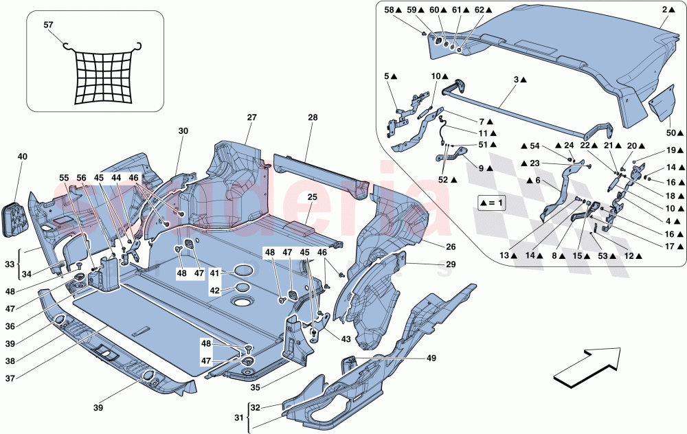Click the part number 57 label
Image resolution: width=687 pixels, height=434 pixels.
pos(48,25)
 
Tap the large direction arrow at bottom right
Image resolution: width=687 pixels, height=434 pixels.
pos(587,367)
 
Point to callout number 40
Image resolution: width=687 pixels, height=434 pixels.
pos(23,157)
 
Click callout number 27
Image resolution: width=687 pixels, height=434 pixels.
pos(251,118)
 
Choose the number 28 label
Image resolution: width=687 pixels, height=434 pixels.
pos(313,118)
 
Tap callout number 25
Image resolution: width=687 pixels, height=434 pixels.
pos(313,198)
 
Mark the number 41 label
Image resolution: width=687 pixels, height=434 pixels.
pos(215,273)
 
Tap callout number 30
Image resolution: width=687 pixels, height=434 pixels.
pos(183,131)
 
